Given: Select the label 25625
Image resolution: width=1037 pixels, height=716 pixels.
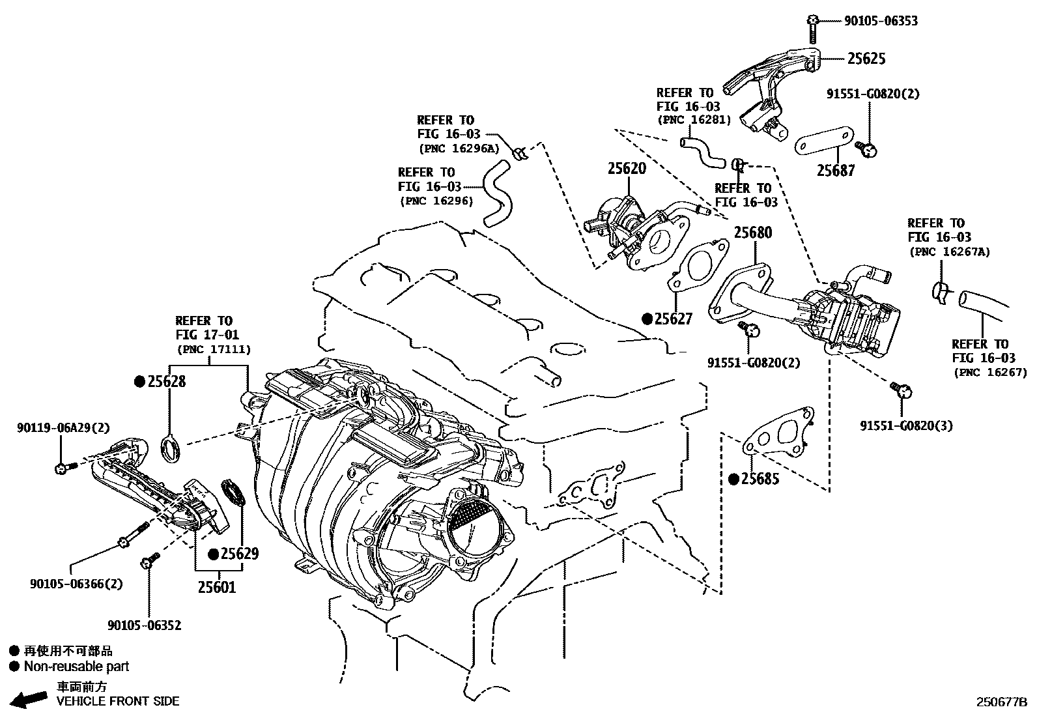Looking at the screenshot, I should (x=866, y=59).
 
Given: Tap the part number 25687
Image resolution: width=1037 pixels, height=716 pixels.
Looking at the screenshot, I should (x=836, y=171).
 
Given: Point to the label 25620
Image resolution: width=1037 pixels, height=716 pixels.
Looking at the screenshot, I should (x=627, y=169).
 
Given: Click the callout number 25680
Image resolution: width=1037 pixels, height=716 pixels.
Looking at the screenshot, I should (x=753, y=233).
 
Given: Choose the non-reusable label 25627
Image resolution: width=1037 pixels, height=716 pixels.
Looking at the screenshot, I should (x=673, y=319).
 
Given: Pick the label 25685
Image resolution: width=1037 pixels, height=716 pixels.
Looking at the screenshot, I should (x=760, y=480).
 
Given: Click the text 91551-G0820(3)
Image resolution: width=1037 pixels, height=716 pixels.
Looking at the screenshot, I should (x=906, y=426).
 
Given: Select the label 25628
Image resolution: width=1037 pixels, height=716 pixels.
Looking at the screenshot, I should (x=166, y=382).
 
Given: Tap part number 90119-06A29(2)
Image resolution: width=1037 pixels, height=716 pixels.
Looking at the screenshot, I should (x=63, y=428).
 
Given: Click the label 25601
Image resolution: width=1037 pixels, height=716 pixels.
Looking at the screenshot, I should (x=217, y=587).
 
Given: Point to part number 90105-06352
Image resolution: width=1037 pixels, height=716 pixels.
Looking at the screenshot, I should (x=144, y=625).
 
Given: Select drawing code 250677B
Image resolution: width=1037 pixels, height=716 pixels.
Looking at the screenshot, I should (x=1001, y=702).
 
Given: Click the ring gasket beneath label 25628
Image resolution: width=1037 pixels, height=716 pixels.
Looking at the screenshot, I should (x=171, y=448).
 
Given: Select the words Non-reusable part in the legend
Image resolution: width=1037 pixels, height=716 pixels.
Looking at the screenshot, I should (x=76, y=666).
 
